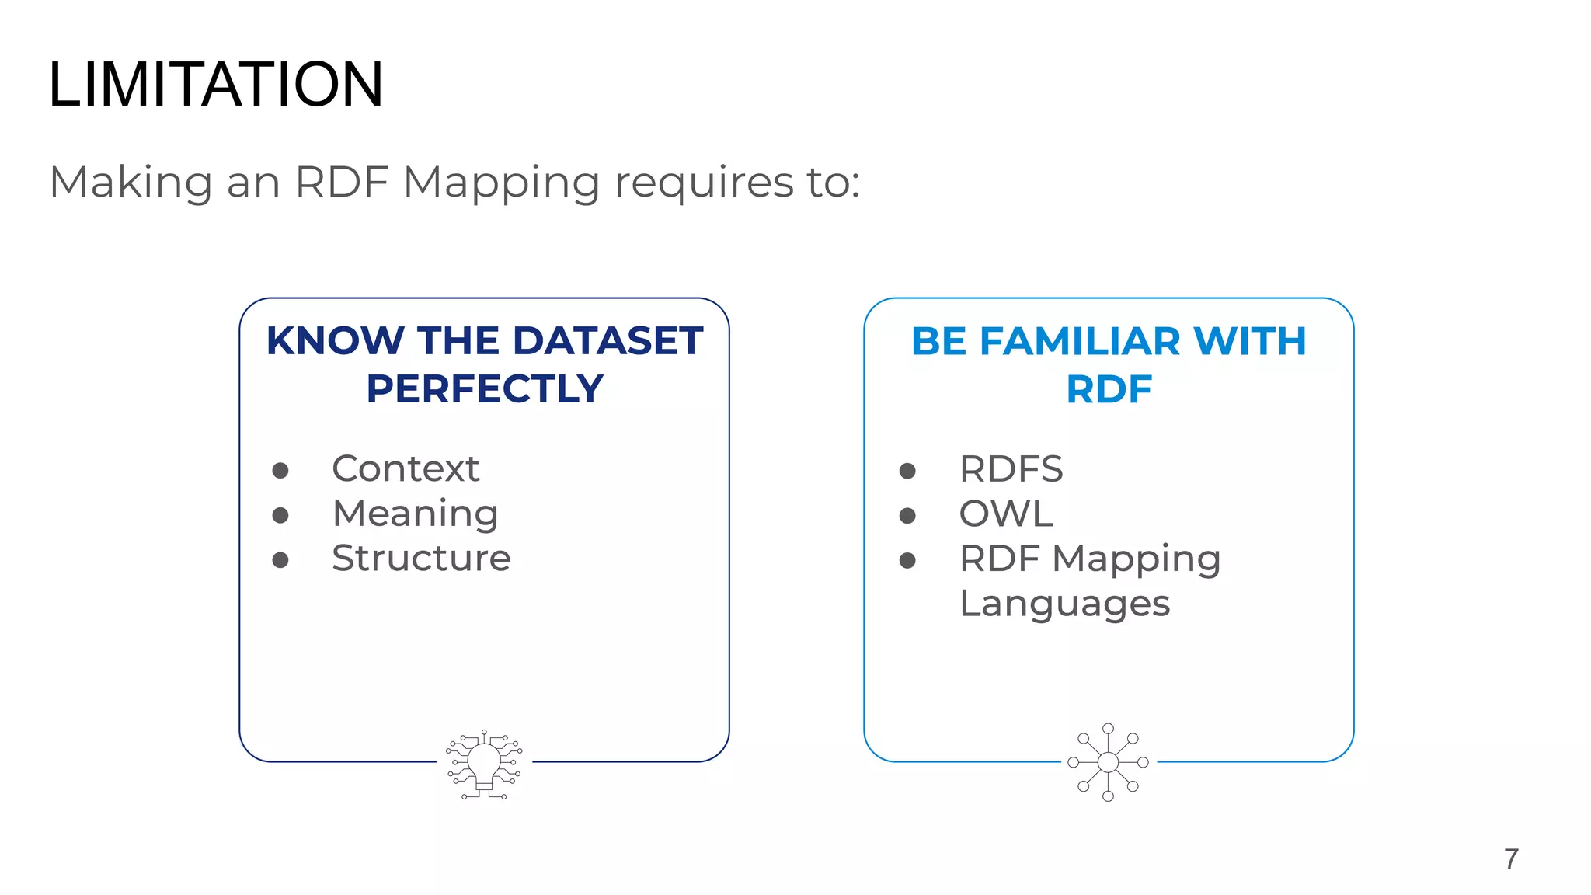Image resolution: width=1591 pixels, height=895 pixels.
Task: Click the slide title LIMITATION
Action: tap(215, 84)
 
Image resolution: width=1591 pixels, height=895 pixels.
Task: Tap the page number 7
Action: tap(1511, 859)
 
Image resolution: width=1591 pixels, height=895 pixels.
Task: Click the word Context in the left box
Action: tap(406, 468)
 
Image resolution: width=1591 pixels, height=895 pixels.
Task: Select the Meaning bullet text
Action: tap(415, 514)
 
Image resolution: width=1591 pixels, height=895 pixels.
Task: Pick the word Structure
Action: tap(421, 558)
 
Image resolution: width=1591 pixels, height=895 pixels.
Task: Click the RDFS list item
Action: tap(1011, 469)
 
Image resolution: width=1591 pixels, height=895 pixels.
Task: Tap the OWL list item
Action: tap(1006, 514)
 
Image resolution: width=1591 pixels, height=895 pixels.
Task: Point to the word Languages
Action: tap(1064, 604)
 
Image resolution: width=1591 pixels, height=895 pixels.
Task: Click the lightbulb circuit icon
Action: tap(484, 764)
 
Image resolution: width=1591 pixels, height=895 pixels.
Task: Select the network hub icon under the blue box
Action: tap(1109, 762)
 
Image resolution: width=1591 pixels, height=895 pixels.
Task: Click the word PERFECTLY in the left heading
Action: tap(485, 388)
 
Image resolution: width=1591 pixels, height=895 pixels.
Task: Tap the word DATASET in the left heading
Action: tap(608, 341)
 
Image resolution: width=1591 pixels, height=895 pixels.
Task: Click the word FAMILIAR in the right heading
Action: tap(1081, 341)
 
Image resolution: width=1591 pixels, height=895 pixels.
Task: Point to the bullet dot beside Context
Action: tap(280, 470)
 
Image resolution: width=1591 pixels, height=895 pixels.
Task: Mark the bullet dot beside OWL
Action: tap(907, 515)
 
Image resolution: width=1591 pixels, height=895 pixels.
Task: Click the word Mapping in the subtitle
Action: tap(501, 183)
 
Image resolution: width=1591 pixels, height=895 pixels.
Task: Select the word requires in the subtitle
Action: tap(704, 183)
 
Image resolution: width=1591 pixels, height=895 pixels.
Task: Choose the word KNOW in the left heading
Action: tap(335, 341)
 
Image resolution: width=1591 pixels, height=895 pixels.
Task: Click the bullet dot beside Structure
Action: tap(280, 559)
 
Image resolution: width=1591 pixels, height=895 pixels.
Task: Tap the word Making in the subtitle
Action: tap(131, 183)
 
